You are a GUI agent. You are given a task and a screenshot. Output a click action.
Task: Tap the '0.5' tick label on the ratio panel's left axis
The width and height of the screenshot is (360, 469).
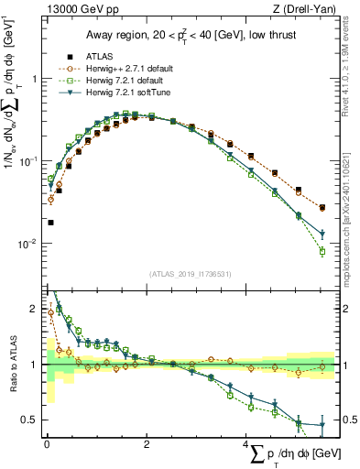[x=32, y=420]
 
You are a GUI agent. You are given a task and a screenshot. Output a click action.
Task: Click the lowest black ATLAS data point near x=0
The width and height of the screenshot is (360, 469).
[x=50, y=223]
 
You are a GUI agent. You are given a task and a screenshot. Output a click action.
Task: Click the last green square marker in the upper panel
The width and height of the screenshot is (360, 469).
[x=322, y=252]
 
